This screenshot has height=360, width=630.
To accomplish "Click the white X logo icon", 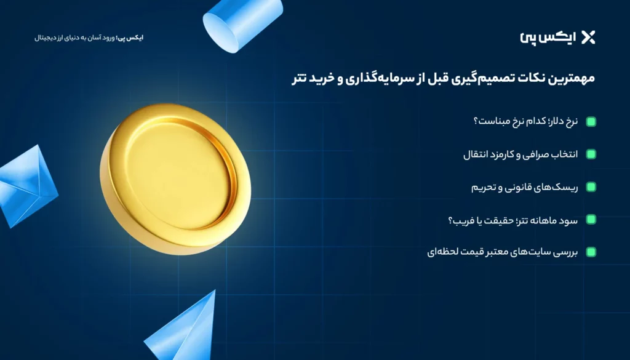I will pos(588,37).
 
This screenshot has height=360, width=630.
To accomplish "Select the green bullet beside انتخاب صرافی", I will pos(591,154).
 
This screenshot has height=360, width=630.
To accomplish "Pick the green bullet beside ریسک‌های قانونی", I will pos(591,187).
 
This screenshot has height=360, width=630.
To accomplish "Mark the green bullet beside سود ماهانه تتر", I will pos(591,219).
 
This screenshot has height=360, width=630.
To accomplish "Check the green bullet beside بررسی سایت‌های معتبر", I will pos(591,252).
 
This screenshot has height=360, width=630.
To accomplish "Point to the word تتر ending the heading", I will pos(300,79).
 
